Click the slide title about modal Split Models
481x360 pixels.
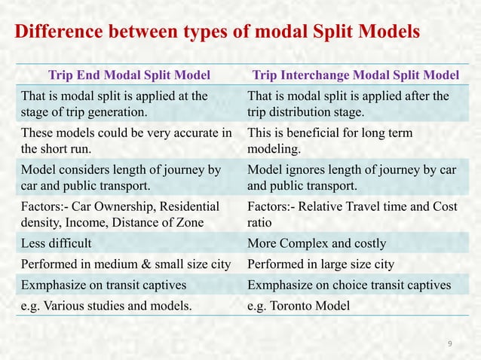coord(217,33)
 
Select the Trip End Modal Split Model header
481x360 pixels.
coord(129,75)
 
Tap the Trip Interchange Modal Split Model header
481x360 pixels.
coord(355,75)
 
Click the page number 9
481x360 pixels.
coord(450,344)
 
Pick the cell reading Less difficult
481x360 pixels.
coord(57,243)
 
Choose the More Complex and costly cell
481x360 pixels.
coord(317,243)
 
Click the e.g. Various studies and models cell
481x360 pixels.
coord(106,305)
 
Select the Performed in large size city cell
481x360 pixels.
coord(320,264)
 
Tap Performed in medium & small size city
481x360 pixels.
coord(126,264)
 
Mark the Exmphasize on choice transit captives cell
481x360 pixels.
coord(349,285)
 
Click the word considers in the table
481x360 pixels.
coord(81,170)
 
